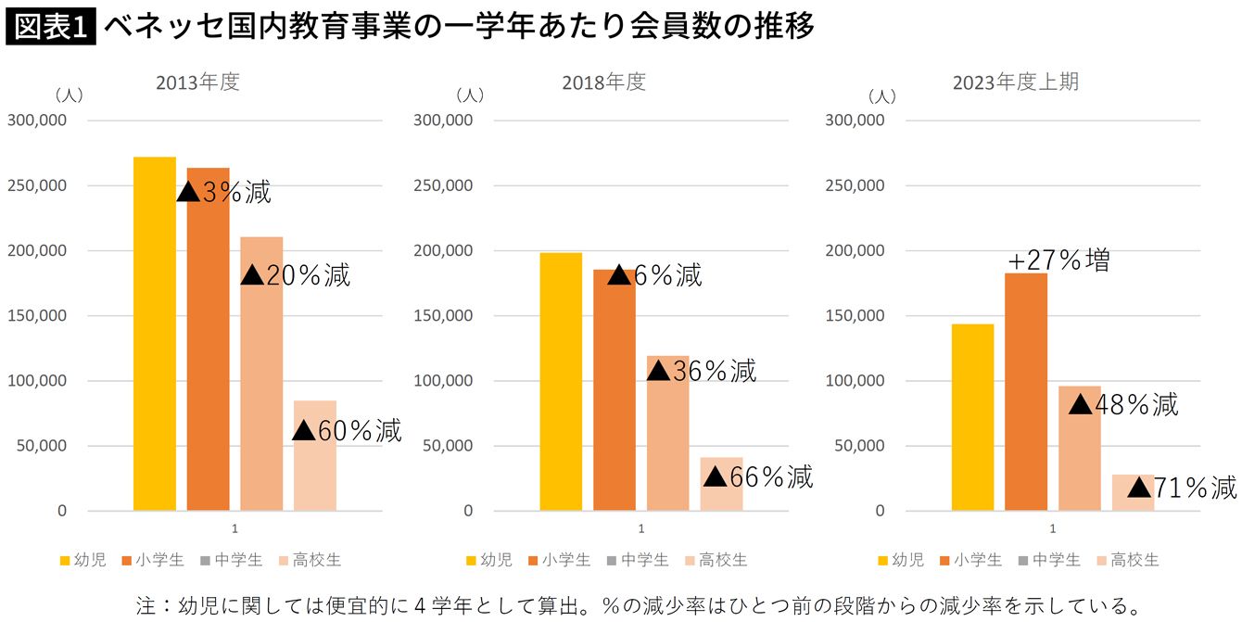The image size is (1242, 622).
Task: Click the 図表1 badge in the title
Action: pos(50,27)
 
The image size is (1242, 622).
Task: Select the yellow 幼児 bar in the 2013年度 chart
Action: pos(155,334)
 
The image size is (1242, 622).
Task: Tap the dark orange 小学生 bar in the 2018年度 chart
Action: pos(615,389)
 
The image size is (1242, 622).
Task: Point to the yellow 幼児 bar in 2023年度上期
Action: pos(972,417)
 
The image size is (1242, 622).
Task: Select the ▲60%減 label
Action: pos(347,430)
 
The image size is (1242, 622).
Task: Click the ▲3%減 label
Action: pos(224,192)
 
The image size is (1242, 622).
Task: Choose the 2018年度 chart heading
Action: pos(603,82)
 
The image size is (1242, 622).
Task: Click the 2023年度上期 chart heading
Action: pos(1016,82)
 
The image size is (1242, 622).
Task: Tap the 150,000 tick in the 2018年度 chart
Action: pos(443,315)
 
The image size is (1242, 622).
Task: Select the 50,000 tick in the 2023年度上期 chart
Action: pos(858,446)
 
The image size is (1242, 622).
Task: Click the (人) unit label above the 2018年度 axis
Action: pos(470,95)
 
